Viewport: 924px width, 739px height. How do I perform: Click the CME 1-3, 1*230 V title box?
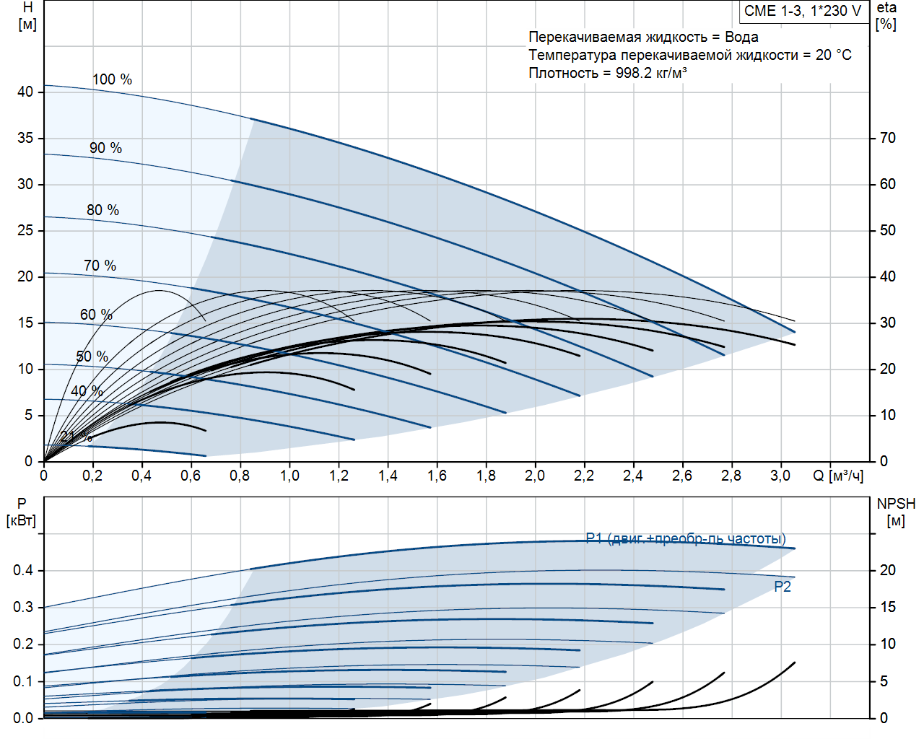pos(803,11)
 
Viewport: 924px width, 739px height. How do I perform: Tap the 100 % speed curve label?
pos(112,79)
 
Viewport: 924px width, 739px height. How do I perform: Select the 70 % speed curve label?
pos(100,266)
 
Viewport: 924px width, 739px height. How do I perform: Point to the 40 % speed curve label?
pos(87,391)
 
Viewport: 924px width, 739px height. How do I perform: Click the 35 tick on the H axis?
pos(25,138)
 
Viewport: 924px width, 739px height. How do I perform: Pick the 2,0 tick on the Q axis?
pos(535,476)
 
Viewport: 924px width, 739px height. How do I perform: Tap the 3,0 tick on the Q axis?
pos(780,476)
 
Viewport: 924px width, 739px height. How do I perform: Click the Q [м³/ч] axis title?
pos(838,476)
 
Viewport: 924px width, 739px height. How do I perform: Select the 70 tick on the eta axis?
pos(887,138)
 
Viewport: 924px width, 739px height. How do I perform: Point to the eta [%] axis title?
pos(886,16)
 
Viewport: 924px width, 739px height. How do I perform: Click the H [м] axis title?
pos(27,16)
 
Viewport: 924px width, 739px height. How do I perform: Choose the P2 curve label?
pos(783,587)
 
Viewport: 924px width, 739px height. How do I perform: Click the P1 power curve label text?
pos(686,538)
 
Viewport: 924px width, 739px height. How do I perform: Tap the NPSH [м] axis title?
pos(896,512)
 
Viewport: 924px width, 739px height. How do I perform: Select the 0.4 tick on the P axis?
pos(23,570)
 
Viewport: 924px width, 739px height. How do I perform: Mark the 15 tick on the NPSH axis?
pos(887,607)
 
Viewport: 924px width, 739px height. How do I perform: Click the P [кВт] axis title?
pos(21,512)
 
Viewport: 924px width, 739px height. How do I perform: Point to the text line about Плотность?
pos(607,73)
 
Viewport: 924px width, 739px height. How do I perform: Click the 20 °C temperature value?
pos(833,55)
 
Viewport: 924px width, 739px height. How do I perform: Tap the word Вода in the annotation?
pos(741,37)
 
